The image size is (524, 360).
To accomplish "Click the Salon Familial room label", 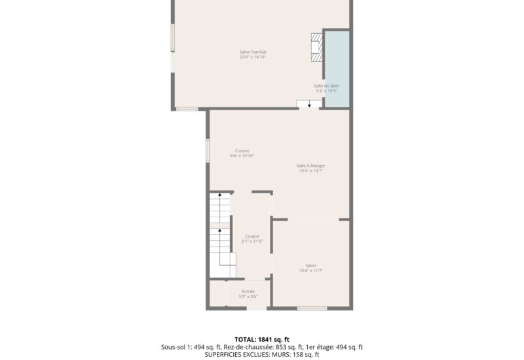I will [252, 52].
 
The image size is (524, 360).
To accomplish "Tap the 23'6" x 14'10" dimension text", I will [252, 57].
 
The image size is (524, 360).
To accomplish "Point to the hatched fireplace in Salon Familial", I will [317, 46].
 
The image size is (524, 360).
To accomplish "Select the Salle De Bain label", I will [326, 86].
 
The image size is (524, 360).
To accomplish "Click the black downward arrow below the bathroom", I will [309, 104].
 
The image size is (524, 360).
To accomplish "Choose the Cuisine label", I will [242, 151].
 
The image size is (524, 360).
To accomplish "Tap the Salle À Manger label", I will [310, 166].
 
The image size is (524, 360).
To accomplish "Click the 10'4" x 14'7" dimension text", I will [310, 171].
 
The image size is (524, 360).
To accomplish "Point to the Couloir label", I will [252, 236].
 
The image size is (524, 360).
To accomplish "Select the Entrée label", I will [248, 291].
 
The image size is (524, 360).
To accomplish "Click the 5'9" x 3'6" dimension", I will [248, 297].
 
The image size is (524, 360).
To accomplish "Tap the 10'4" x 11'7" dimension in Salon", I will [311, 271].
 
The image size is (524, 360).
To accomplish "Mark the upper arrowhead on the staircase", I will [219, 195].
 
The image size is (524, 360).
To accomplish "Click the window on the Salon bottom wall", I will [312, 308].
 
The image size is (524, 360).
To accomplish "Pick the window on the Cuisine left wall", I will [208, 150].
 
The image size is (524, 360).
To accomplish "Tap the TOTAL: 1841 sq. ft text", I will [261, 339].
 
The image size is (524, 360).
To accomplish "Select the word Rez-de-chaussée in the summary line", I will [245, 347].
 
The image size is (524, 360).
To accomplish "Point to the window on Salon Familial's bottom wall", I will [187, 109].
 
